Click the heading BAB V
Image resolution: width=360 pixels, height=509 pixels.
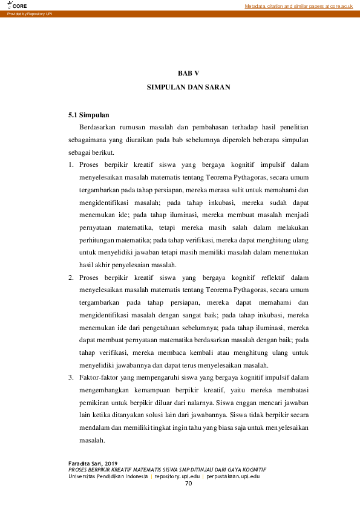[x=188, y=73]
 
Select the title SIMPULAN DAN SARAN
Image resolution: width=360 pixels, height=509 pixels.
[x=188, y=87]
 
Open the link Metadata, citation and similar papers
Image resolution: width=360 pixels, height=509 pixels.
[x=298, y=6]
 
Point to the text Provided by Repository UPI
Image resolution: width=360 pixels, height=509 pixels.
[x=27, y=13]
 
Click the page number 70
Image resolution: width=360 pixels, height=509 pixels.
[x=188, y=484]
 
